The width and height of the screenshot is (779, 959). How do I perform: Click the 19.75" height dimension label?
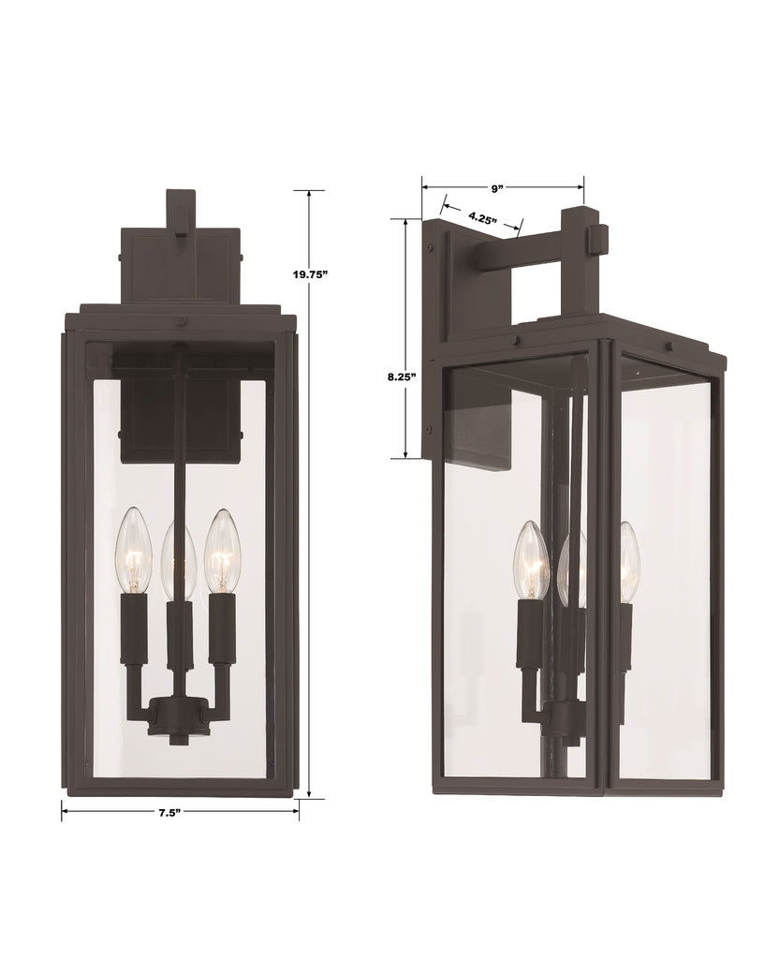click(x=310, y=274)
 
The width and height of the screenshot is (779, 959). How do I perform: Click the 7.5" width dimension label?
click(x=169, y=812)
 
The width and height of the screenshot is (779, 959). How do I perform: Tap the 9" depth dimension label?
click(x=496, y=187)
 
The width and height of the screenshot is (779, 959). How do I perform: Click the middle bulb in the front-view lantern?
click(x=178, y=562)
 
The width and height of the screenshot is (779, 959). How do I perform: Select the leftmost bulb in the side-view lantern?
click(x=530, y=562)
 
